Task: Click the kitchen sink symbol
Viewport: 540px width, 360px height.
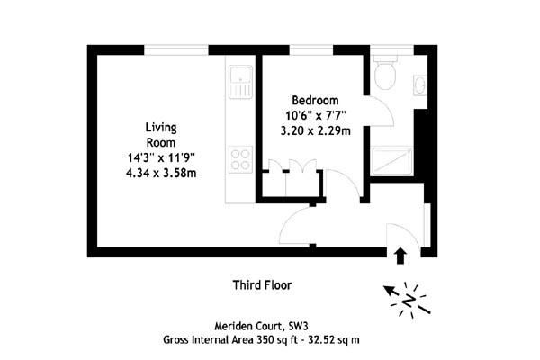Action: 240,81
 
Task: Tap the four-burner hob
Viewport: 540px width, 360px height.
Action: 240,159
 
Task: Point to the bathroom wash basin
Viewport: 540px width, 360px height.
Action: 419,85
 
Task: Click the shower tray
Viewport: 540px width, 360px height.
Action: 391,161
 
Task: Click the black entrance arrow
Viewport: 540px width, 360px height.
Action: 400,256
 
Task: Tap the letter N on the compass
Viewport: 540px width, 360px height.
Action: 409,301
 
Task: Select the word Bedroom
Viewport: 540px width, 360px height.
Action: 315,100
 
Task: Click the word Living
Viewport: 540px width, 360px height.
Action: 161,128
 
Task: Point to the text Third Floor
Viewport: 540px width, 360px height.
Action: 262,285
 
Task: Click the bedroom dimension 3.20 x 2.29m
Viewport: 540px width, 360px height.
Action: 316,130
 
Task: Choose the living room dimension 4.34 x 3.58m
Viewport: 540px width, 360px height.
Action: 161,173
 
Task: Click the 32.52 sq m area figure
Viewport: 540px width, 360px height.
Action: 334,340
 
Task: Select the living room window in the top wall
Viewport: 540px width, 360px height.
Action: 176,50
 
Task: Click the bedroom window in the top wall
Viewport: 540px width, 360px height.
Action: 311,50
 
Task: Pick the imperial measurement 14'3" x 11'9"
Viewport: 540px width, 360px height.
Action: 161,157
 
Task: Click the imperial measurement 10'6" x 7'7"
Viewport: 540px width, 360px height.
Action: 316,115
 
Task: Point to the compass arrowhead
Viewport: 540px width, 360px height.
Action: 389,291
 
